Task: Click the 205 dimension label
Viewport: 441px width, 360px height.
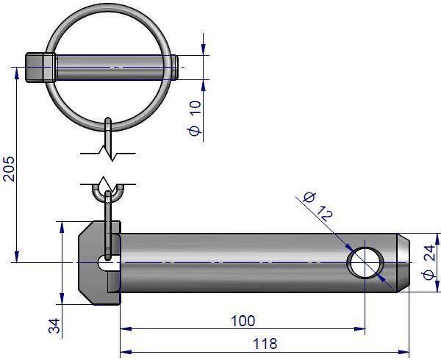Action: coord(8,168)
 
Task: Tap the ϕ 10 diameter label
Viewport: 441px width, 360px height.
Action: coord(195,118)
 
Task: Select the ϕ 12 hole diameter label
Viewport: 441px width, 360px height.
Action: coord(318,206)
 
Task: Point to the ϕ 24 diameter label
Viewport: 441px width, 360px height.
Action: coord(429,262)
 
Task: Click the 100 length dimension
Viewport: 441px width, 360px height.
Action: coord(243,320)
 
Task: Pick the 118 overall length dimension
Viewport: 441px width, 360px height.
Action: coord(265,343)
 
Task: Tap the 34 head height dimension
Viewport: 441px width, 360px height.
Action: coord(54,325)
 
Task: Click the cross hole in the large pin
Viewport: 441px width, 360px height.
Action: coord(365,263)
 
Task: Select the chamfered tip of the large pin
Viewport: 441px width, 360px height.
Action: coord(404,263)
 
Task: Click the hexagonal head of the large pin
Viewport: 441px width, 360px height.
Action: coord(99,263)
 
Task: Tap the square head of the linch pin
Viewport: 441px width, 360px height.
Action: coord(41,68)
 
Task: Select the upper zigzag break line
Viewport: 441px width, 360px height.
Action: coord(108,154)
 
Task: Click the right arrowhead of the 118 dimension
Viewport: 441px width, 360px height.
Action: coord(404,352)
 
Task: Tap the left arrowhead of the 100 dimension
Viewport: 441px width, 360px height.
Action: coord(126,328)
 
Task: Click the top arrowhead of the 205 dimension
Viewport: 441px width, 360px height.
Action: coord(17,73)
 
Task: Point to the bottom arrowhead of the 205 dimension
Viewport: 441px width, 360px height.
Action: coord(17,257)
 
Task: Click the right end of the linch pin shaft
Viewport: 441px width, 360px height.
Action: coord(176,68)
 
